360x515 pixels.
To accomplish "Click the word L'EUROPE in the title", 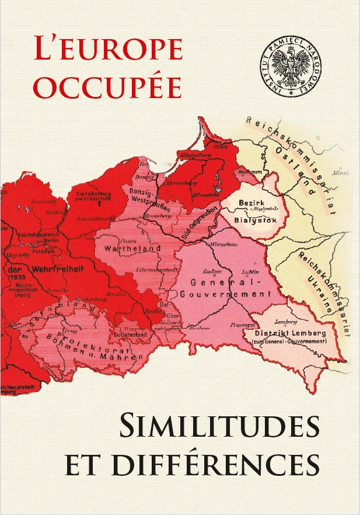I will point(108,51).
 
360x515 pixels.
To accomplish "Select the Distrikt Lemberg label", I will point(294,333).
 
